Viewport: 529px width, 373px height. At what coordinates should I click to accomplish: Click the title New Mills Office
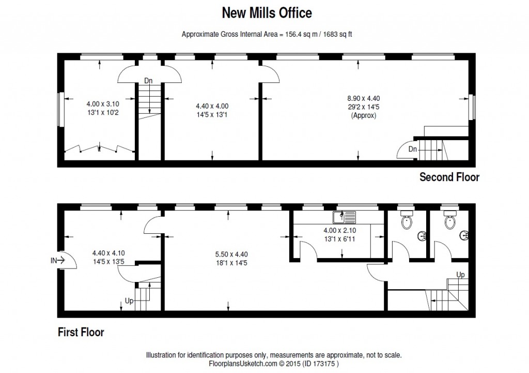tap(266, 11)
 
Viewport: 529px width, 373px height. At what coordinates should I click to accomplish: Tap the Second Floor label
tap(449, 177)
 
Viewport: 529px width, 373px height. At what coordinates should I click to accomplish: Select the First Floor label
tap(81, 332)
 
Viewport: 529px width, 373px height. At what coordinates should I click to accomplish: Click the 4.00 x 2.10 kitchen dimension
tap(339, 230)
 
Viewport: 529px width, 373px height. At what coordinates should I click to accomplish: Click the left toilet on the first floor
tap(407, 221)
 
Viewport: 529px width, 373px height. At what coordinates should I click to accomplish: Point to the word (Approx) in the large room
tap(360, 116)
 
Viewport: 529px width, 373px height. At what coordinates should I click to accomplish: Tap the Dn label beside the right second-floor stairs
tap(412, 149)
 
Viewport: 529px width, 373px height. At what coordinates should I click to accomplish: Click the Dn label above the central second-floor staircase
tap(148, 80)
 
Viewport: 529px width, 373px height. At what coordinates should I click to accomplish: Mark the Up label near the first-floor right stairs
tap(459, 274)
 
